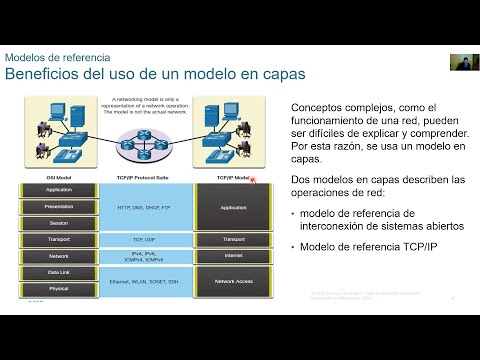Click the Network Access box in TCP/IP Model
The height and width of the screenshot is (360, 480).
coord(233,281)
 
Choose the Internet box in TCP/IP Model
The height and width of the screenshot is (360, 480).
coord(233,256)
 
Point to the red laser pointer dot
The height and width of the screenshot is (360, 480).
coord(254,180)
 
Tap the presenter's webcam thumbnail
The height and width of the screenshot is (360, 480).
coord(461,61)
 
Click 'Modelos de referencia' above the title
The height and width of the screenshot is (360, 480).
coord(58,58)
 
